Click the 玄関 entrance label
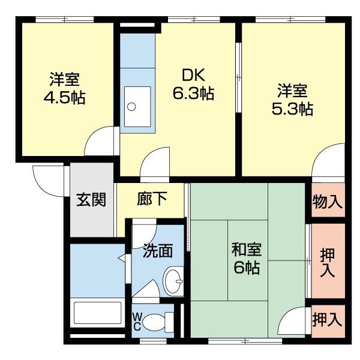pyautogui.click(x=91, y=200)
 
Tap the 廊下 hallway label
pyautogui.click(x=152, y=200)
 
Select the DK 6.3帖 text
pyautogui.click(x=193, y=85)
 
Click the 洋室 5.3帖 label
pyautogui.click(x=292, y=100)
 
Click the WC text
pyautogui.click(x=137, y=322)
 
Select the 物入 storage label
pyautogui.click(x=327, y=202)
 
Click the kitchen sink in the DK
pyautogui.click(x=138, y=106)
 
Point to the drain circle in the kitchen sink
pyautogui.click(x=131, y=107)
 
